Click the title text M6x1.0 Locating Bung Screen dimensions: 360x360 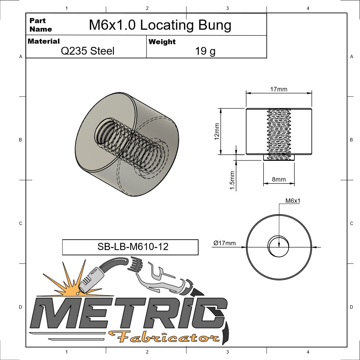coord(160,25)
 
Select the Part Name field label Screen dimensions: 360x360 coord(40,25)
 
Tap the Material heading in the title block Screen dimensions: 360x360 coord(44,41)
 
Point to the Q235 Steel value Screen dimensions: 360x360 coord(87,51)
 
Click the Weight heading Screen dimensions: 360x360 coord(162,42)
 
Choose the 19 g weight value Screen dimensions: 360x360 coord(205,51)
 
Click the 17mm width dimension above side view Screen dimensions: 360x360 coord(278,89)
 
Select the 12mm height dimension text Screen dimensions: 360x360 coord(217,131)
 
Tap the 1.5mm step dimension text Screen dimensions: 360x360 coord(233,180)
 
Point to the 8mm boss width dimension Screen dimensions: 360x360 coord(278,179)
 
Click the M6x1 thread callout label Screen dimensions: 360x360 coord(292,201)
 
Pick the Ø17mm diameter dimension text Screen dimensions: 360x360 coord(224,243)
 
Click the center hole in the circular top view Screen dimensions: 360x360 coord(279,246)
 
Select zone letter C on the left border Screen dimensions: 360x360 coord(20,223)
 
